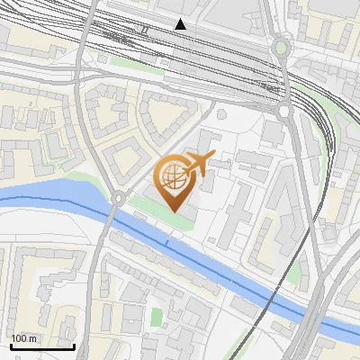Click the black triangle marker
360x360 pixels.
tap(181, 24)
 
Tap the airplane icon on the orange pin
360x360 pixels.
tap(197, 164)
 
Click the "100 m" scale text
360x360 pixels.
tap(24, 338)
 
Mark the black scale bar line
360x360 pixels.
tap(42, 346)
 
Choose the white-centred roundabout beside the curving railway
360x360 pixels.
tap(283, 111)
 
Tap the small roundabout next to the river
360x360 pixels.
tap(117, 197)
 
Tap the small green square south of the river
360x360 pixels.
tap(157, 318)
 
